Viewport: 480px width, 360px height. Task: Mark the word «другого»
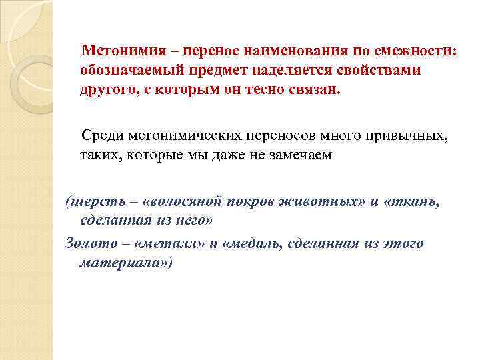click(x=107, y=90)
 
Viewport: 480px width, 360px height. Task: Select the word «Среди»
click(x=101, y=137)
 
